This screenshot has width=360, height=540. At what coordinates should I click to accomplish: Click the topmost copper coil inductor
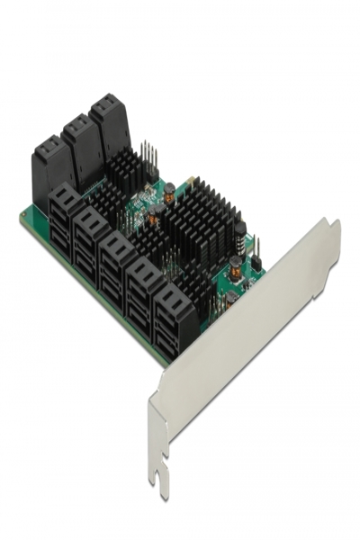168,188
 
